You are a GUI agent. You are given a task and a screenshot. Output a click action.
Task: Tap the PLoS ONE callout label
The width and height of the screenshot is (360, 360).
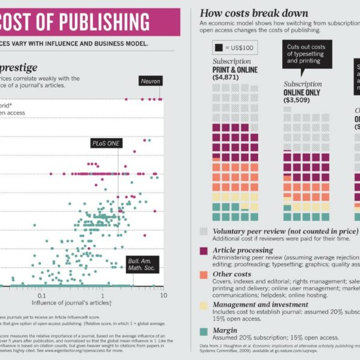pyautogui.click(x=106, y=144)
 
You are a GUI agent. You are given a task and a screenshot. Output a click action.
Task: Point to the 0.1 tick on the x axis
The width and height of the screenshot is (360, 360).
pyautogui.click(x=42, y=297)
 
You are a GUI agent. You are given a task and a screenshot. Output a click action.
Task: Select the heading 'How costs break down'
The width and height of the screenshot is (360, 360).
pyautogui.click(x=254, y=13)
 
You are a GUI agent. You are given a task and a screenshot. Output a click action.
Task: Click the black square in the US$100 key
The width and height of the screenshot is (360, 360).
pyautogui.click(x=218, y=47)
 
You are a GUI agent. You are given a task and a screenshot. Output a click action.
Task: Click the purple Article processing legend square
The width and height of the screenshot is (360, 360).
pyautogui.click(x=204, y=251)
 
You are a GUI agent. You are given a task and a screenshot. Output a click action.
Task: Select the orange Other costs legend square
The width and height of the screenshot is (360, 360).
pyautogui.click(x=204, y=275)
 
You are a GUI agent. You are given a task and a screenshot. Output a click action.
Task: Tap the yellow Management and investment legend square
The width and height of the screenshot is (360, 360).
pyautogui.click(x=204, y=305)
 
